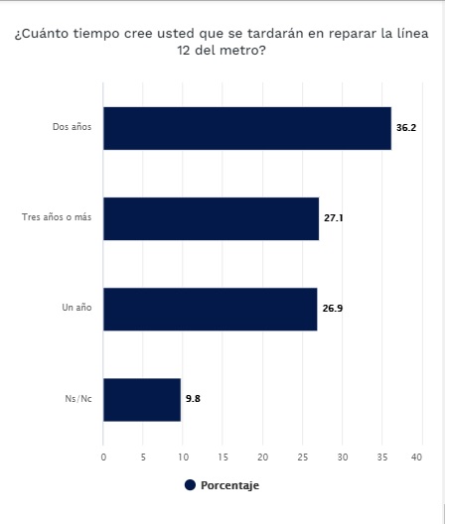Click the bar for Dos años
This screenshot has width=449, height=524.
(247, 128)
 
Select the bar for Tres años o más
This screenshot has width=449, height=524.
(212, 218)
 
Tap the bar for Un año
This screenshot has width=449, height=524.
(211, 309)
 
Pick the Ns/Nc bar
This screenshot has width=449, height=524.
(142, 400)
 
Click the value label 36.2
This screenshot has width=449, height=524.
(406, 128)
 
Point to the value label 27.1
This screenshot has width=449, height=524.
(333, 218)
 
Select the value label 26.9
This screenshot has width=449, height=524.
(333, 308)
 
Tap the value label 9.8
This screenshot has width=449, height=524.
(193, 398)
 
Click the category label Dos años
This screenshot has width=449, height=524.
(72, 127)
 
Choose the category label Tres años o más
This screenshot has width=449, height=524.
(57, 217)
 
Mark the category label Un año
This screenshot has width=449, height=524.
(76, 307)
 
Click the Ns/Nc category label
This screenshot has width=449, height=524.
(78, 399)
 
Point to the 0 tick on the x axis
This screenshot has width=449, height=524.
(103, 457)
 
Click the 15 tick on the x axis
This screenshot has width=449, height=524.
(223, 457)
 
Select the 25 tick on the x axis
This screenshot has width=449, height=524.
(302, 457)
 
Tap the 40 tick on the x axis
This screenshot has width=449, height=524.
(416, 457)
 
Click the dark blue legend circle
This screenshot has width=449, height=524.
(190, 485)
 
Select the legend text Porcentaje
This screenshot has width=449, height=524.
(229, 485)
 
